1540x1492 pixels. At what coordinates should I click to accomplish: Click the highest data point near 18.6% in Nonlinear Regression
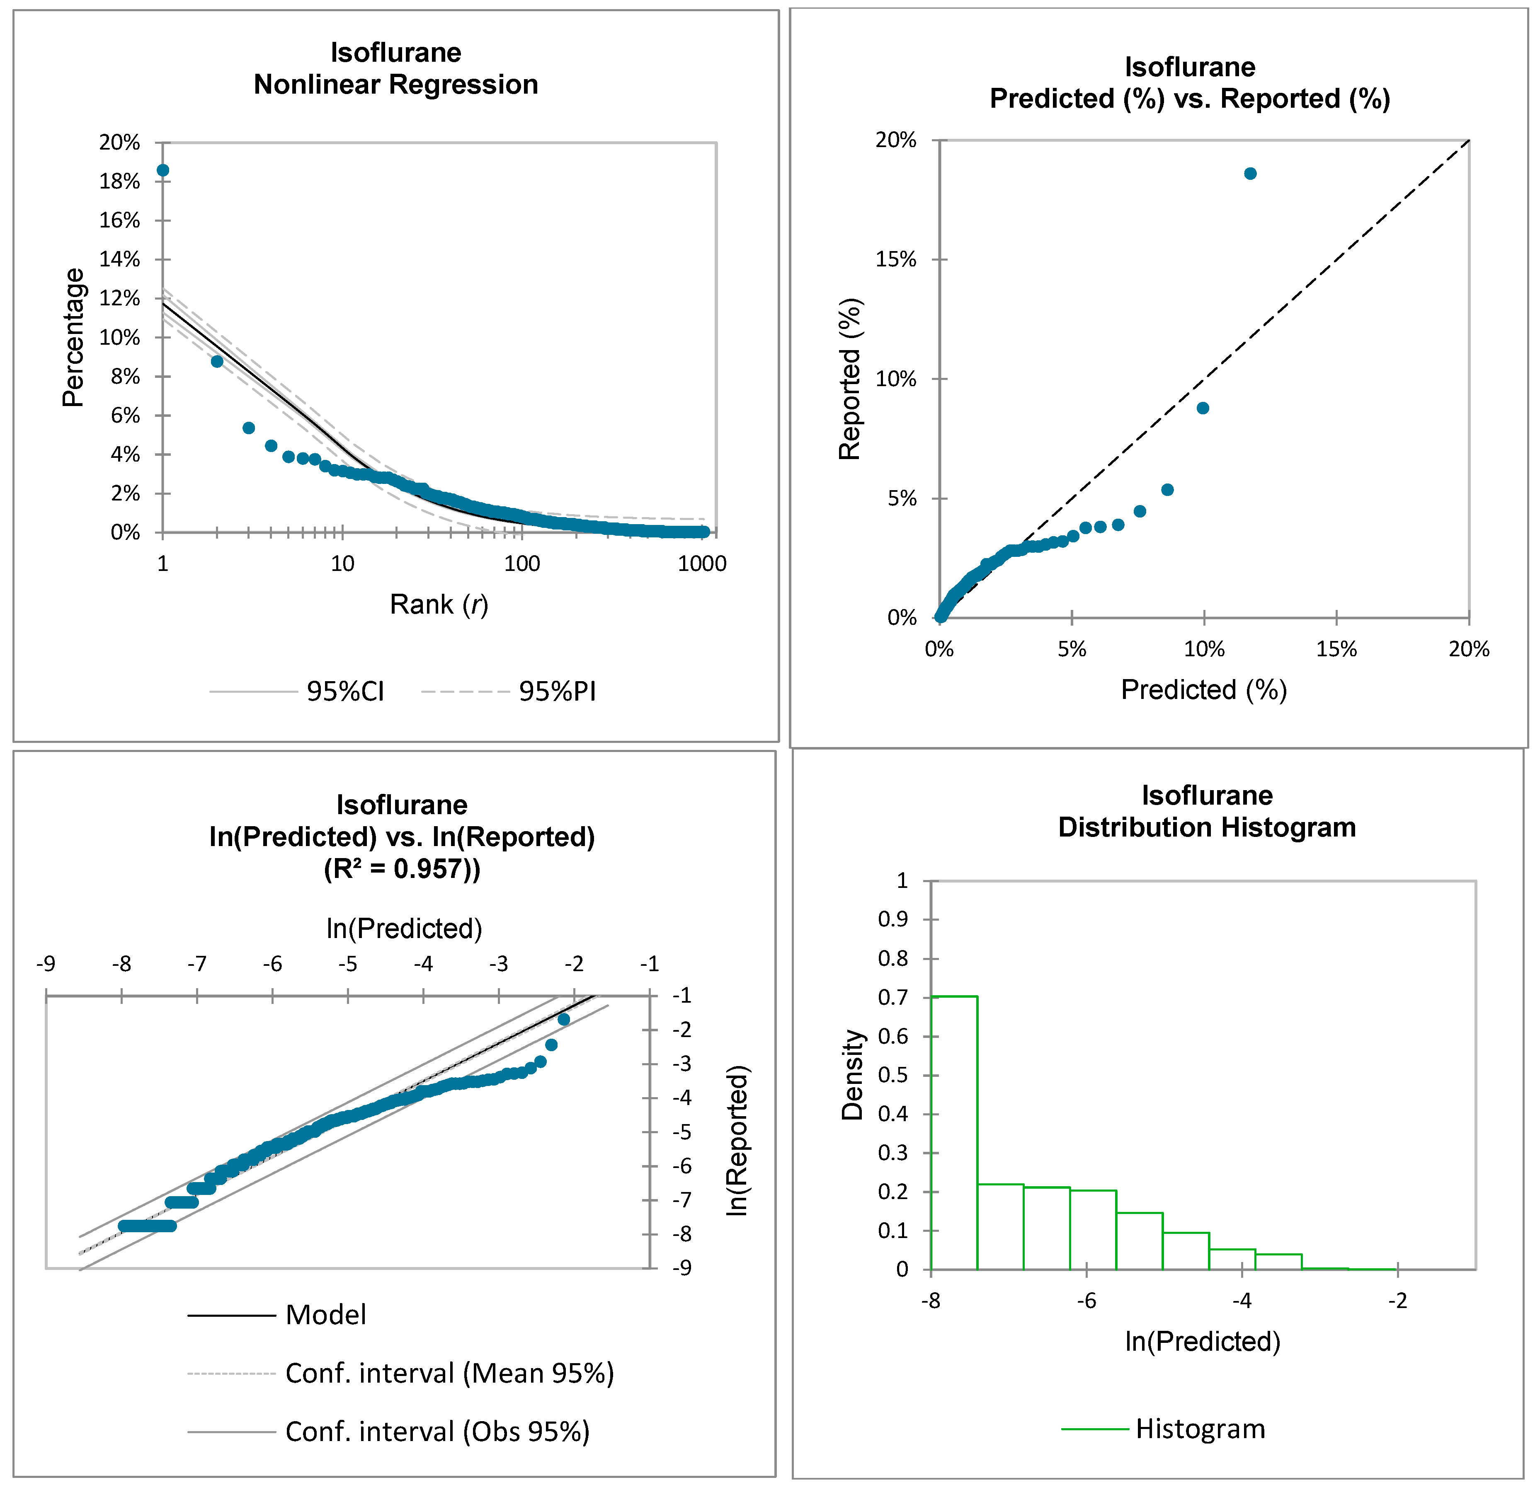coord(162,170)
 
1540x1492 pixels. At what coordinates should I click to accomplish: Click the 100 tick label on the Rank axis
coord(522,564)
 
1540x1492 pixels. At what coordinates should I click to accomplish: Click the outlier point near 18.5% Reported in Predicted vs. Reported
coord(1250,174)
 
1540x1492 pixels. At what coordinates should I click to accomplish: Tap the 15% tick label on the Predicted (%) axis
coord(1336,649)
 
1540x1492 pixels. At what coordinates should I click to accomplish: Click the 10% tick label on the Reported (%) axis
coord(896,379)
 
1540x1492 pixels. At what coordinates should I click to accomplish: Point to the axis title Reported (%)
coord(850,379)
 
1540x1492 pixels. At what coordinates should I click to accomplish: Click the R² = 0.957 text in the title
coord(402,868)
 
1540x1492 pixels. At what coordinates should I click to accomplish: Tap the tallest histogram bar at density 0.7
coord(954,1131)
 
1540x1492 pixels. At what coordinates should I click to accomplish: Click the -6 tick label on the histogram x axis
coord(1086,1301)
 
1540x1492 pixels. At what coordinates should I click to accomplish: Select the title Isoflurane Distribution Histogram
coord(1207,811)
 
